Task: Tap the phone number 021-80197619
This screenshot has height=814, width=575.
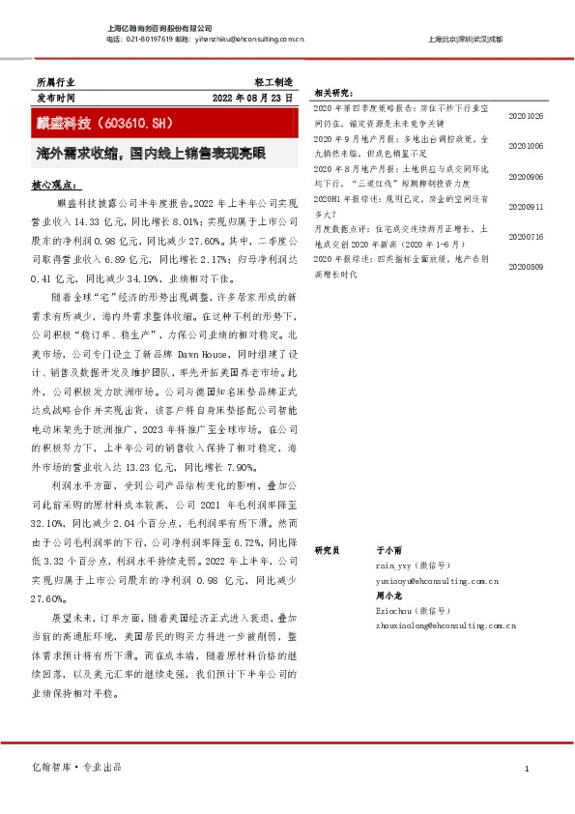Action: [150, 40]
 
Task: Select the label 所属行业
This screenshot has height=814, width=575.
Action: [54, 84]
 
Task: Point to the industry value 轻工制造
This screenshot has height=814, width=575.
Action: [273, 84]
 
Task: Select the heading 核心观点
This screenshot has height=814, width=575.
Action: [56, 183]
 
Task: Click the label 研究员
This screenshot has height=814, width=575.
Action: [329, 549]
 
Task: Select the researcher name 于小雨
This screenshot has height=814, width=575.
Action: [388, 549]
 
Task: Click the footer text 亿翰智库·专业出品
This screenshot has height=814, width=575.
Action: [78, 767]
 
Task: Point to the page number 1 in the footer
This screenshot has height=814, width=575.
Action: [527, 768]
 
